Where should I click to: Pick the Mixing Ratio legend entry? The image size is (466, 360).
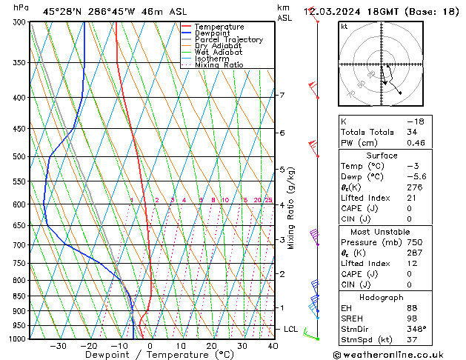pyautogui.click(x=219, y=65)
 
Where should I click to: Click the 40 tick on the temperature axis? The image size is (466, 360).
pyautogui.click(x=273, y=345)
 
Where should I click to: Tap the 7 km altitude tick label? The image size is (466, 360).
pyautogui.click(x=282, y=95)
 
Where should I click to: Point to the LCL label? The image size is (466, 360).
pyautogui.click(x=291, y=328)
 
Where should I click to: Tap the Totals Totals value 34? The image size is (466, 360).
pyautogui.click(x=411, y=132)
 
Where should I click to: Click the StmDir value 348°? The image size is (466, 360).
pyautogui.click(x=415, y=329)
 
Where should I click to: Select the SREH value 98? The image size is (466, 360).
pyautogui.click(x=411, y=318)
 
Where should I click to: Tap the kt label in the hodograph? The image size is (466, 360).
pyautogui.click(x=344, y=27)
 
